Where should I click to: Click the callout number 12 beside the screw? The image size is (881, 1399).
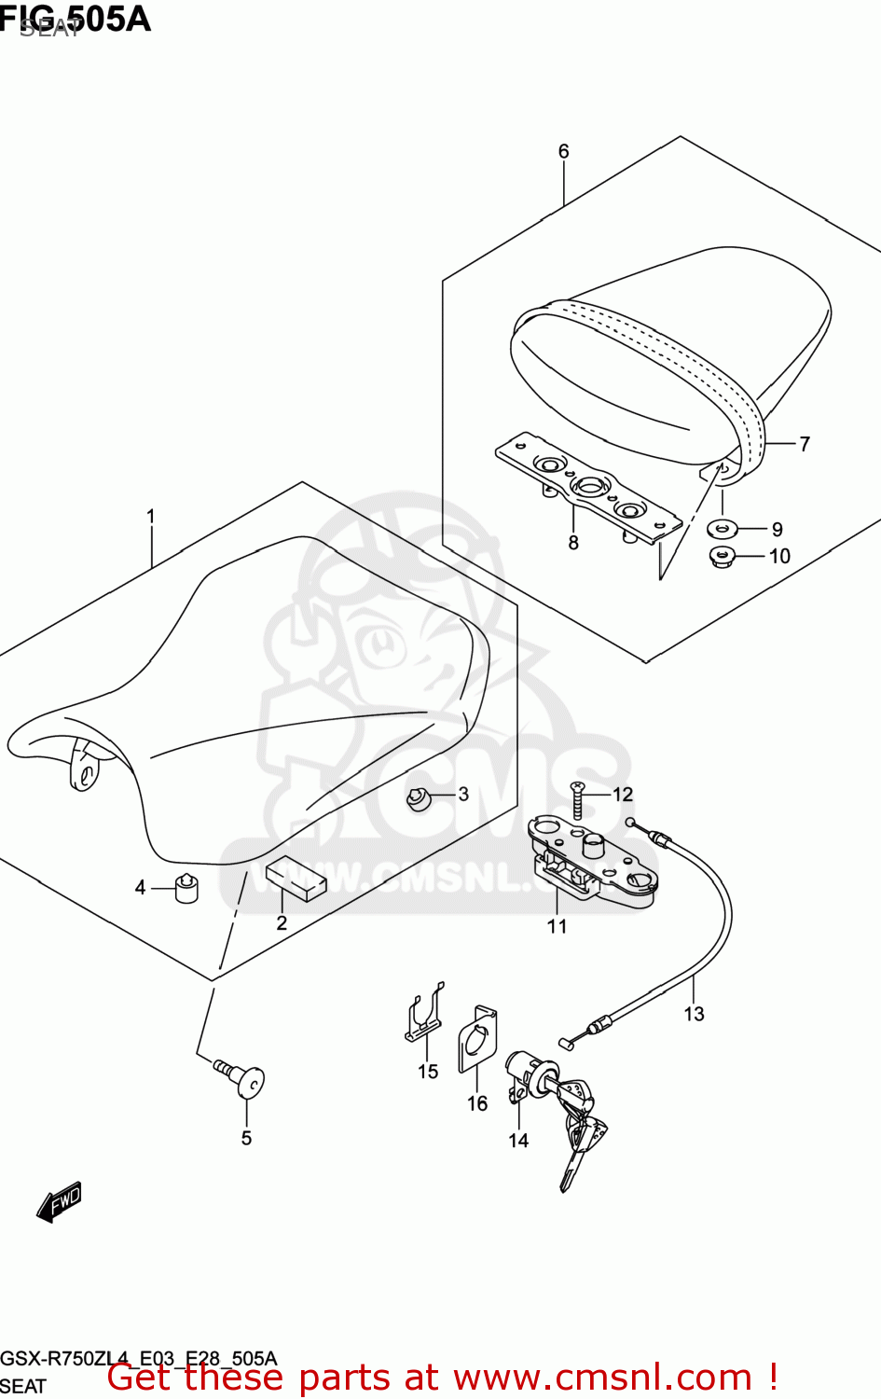coord(623,794)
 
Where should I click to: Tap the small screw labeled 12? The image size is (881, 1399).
coord(577,799)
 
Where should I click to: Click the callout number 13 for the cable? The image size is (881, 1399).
coord(694,1014)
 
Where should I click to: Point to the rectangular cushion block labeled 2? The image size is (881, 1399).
coord(296,881)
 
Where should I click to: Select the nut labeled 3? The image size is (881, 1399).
coord(420,799)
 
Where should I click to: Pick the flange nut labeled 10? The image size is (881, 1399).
coord(723,558)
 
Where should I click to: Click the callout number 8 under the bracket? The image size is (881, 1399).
coord(573,543)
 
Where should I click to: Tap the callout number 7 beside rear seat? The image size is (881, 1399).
coord(805,444)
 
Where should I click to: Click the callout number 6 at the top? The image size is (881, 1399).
coord(563,151)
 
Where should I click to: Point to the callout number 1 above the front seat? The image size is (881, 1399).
coord(150,516)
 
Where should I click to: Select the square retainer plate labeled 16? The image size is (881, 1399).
coord(477,1043)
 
